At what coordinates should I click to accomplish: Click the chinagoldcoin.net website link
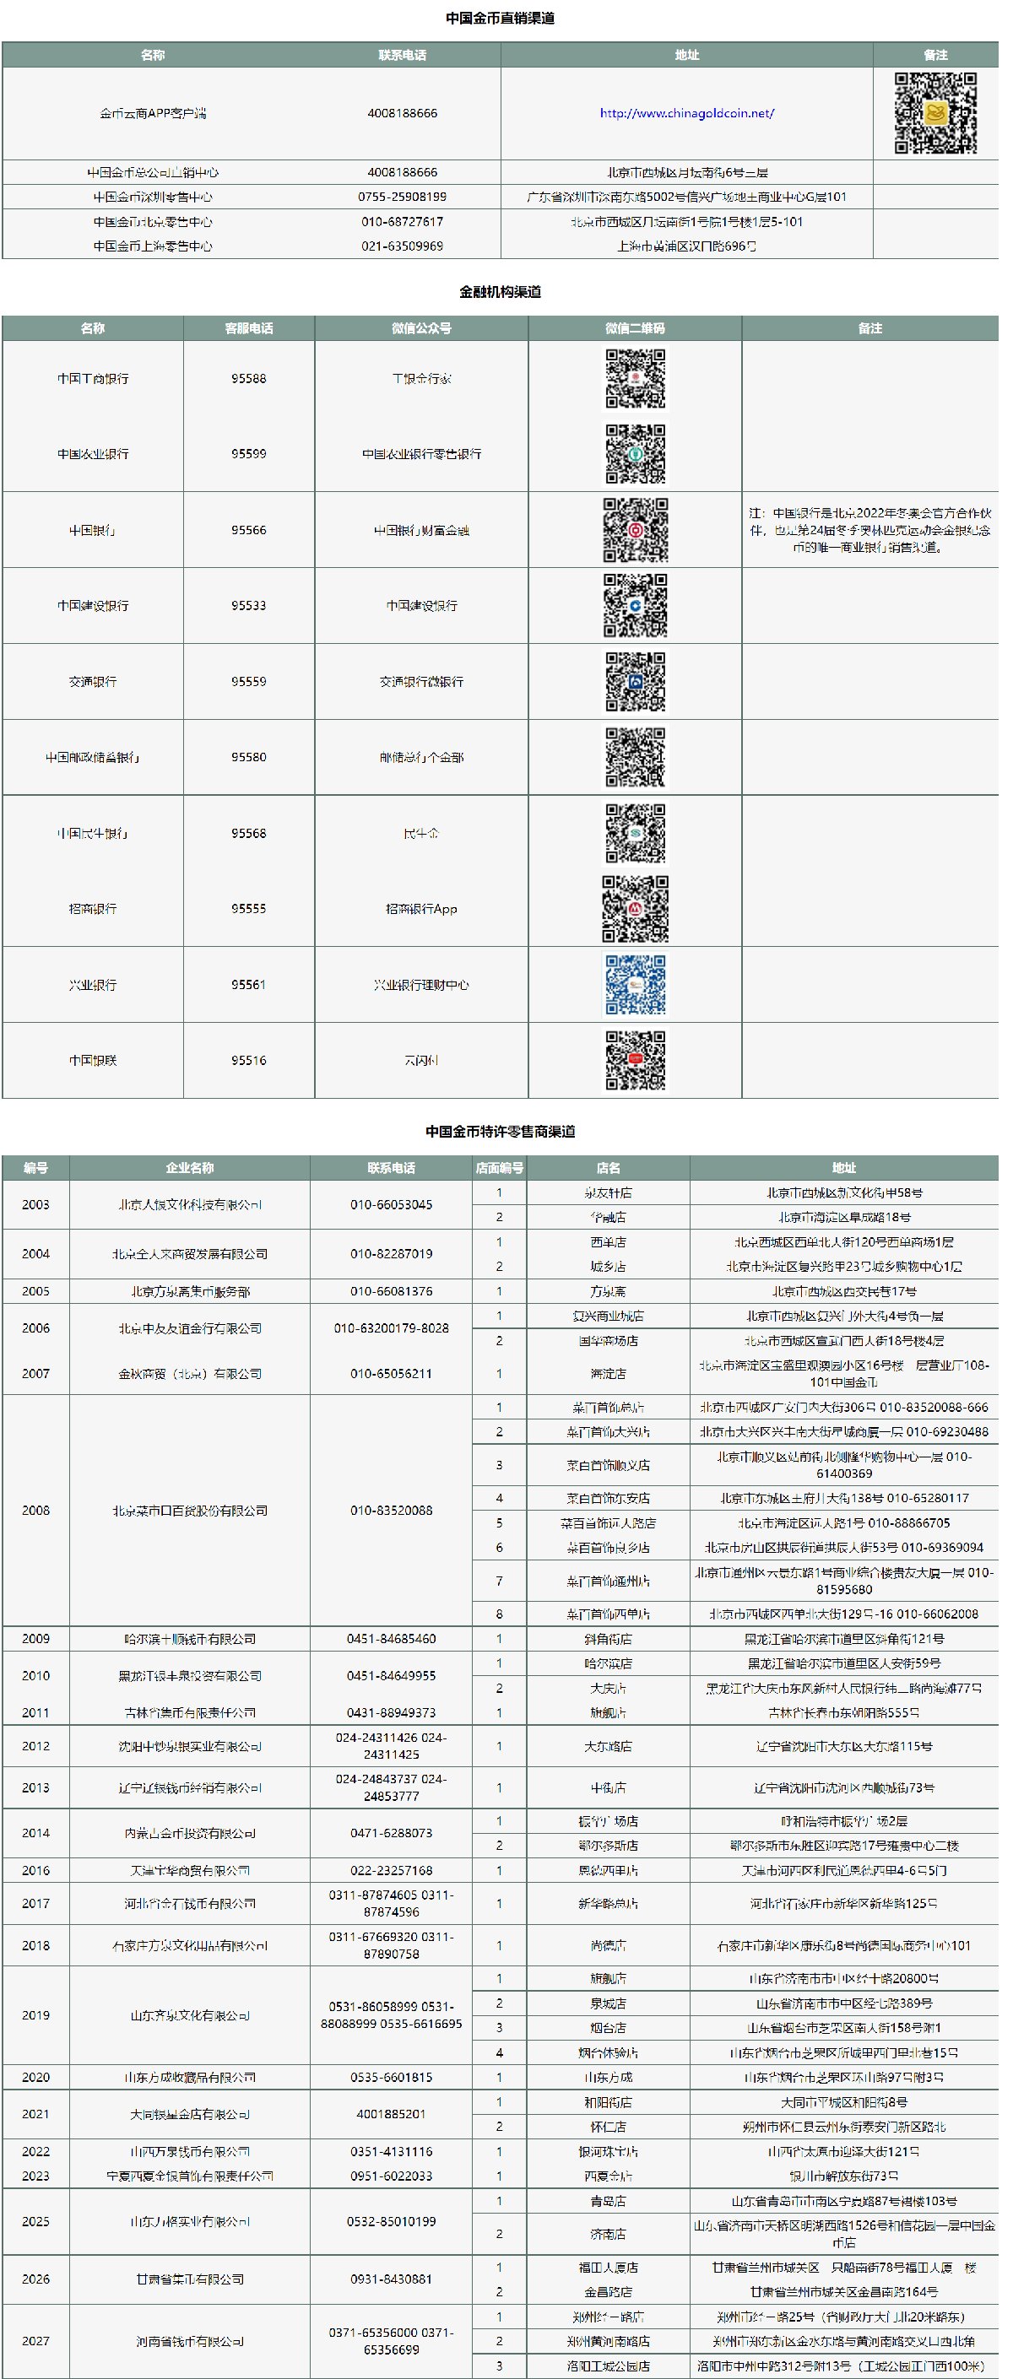[686, 114]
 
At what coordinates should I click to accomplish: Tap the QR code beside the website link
[934, 113]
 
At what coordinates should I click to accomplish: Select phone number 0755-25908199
[402, 197]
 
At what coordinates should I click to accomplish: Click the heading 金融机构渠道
[500, 292]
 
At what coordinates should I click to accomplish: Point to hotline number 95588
[248, 379]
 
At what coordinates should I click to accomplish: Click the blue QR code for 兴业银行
[635, 985]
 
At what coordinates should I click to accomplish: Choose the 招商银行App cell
[421, 909]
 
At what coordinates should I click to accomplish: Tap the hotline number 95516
[248, 1060]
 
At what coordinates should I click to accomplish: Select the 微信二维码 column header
[635, 327]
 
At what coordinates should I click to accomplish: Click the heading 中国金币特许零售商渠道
[500, 1132]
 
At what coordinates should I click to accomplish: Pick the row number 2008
[36, 1510]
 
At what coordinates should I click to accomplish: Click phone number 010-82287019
[391, 1254]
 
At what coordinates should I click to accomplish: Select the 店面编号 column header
[499, 1167]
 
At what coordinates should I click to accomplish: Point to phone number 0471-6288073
[391, 1833]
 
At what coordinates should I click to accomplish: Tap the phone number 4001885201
[391, 2114]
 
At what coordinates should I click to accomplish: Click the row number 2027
[36, 2340]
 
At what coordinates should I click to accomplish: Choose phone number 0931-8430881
[391, 2279]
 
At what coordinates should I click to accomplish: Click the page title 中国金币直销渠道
[500, 18]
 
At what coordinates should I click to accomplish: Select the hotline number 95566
[248, 530]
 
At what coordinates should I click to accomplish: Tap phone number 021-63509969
[402, 246]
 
